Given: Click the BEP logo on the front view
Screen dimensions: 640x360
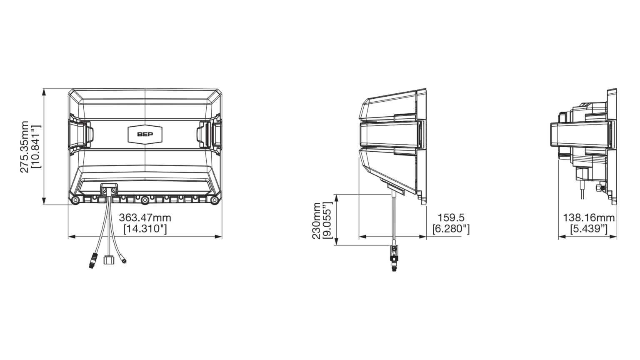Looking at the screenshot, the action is point(145,134).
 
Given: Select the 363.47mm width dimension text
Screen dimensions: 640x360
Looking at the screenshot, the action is point(145,218).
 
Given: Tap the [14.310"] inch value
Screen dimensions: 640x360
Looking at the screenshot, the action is point(145,229).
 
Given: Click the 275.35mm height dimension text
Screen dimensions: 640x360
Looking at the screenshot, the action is point(24,147).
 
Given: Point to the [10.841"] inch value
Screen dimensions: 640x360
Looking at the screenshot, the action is point(36,147).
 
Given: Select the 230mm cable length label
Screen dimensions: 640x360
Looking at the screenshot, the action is point(316,220).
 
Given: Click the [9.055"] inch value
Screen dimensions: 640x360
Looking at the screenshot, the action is point(327,220).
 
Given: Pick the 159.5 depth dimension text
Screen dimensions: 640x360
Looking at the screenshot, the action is point(451,218).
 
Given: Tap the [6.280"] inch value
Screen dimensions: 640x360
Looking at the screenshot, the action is point(451,229).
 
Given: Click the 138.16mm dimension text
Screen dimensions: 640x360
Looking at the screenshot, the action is point(589,218).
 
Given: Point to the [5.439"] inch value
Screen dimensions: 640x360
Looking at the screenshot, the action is point(589,229).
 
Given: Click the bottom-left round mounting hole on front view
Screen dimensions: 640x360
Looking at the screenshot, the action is point(75,200).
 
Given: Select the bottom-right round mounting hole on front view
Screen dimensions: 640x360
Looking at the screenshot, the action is point(215,200).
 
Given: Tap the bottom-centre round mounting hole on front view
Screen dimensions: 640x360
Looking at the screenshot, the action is point(145,200).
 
